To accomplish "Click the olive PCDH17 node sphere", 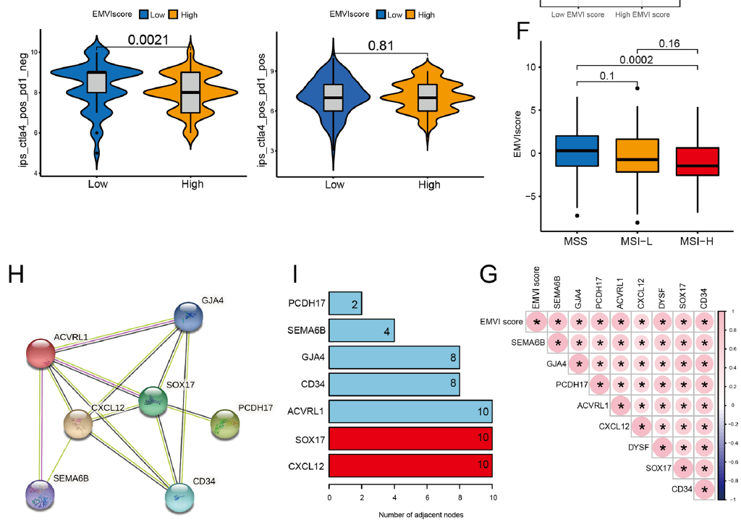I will [x=226, y=425].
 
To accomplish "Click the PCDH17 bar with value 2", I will [x=345, y=304].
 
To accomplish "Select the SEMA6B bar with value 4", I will [x=362, y=330].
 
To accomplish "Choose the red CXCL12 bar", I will [x=410, y=463].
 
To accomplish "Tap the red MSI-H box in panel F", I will [x=697, y=166].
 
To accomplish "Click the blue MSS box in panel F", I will [x=577, y=150].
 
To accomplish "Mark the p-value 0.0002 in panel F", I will [x=637, y=60].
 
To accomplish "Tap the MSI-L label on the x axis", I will [x=637, y=240].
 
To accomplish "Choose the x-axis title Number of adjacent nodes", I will [x=410, y=515].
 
